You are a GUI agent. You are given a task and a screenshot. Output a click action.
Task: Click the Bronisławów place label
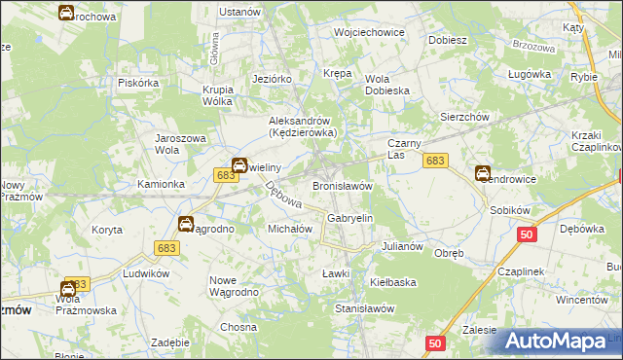click(x=343, y=186)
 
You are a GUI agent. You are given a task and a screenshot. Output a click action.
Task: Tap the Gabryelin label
click(x=350, y=220)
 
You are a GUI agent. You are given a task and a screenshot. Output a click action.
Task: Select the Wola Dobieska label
click(x=387, y=86)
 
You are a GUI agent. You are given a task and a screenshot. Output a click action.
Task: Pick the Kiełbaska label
click(x=393, y=282)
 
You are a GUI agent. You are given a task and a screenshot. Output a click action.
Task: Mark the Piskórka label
click(x=138, y=83)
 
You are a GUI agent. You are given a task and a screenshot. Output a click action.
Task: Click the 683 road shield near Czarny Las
click(x=435, y=161)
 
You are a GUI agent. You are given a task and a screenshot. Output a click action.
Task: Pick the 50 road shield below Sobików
click(x=527, y=234)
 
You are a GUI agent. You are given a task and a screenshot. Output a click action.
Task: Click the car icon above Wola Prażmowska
click(x=68, y=289)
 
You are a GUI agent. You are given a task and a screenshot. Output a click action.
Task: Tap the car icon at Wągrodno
click(x=185, y=225)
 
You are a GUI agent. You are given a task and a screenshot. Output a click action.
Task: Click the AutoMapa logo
click(x=558, y=340)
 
